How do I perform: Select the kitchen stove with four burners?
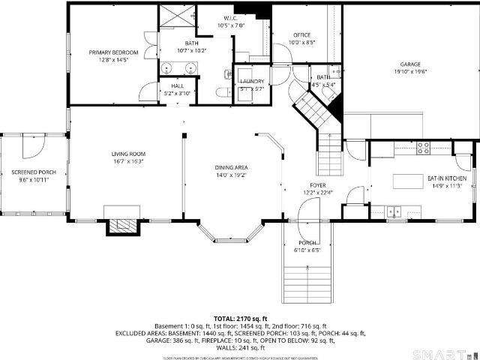point(422,148)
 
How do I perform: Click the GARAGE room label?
point(409,64)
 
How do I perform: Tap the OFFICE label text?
point(302,34)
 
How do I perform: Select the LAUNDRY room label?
point(251,81)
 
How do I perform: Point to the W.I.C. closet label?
point(231,17)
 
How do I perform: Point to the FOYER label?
point(319,184)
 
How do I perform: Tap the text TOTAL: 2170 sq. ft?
point(239,319)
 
